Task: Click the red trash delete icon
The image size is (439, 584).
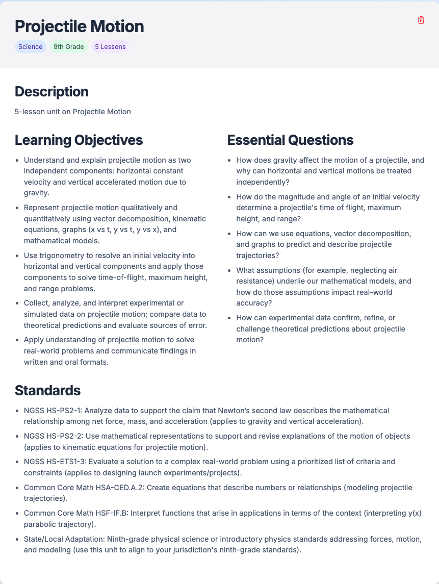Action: point(421,20)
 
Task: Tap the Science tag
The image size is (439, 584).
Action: point(31,47)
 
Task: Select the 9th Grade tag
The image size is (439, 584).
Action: point(68,47)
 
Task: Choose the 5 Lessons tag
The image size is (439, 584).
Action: point(110,47)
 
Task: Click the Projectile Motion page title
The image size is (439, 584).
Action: point(79,26)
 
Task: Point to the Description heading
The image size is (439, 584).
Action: point(51,92)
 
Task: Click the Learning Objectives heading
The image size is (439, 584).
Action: point(79,140)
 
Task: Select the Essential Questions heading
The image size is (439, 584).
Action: point(290,140)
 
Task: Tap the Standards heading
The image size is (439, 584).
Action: point(47,390)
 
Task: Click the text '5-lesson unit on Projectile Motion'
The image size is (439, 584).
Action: point(73,112)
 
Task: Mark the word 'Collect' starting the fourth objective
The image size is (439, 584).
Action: point(36,303)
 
